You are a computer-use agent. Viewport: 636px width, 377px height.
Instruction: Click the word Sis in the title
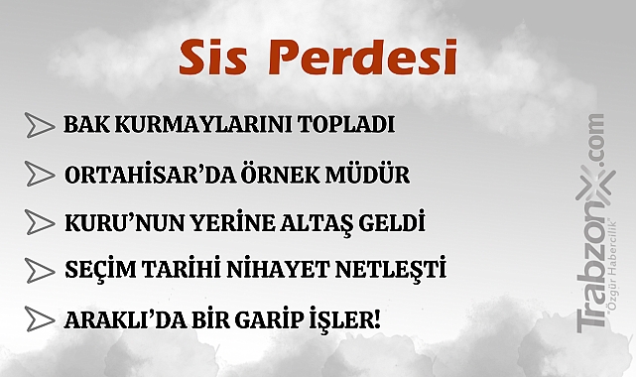[x=212, y=60]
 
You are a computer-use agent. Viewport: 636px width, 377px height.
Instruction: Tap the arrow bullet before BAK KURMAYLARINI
[x=39, y=126]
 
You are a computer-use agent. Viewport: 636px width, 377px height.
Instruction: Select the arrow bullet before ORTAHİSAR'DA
[x=39, y=175]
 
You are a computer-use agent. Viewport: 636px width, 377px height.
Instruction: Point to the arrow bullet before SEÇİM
[x=39, y=270]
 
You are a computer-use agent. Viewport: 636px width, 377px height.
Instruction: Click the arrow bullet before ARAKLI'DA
[x=39, y=319]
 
